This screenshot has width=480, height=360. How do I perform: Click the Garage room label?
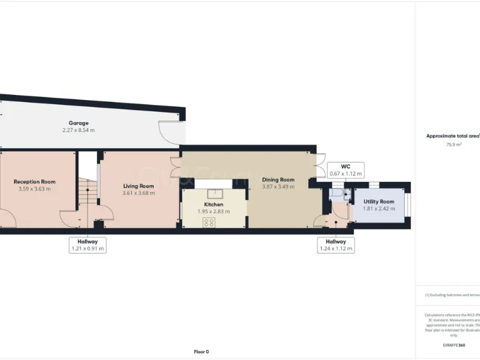click(79, 123)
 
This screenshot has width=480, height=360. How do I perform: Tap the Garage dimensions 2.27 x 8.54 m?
click(79, 130)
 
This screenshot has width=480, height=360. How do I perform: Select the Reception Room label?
click(34, 182)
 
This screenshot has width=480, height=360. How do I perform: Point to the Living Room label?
click(138, 186)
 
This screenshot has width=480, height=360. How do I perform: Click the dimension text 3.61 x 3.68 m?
click(138, 193)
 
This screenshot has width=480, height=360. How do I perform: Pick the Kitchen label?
click(214, 204)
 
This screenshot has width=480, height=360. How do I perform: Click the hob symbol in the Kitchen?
click(209, 222)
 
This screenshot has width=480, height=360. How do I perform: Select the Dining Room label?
click(278, 179)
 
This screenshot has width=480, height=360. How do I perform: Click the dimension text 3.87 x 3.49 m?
click(278, 187)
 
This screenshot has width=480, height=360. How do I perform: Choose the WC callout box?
click(346, 170)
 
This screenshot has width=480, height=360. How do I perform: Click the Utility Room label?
click(379, 201)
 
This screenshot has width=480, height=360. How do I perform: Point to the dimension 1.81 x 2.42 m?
click(379, 209)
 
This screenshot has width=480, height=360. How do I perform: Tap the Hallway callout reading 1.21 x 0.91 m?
click(87, 244)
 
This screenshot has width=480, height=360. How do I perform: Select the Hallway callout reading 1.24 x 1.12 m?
click(336, 244)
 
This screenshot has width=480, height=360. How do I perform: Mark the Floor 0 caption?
click(201, 351)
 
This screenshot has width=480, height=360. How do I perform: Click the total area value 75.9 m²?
click(453, 144)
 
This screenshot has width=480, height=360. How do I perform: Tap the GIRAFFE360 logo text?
click(453, 345)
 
